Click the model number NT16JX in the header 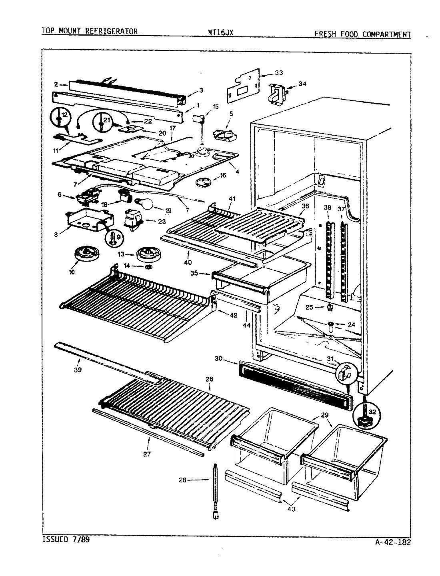(x=218, y=32)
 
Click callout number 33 (x=279, y=72)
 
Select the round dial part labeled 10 (x=84, y=254)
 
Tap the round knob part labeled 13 (x=148, y=254)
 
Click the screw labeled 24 (x=332, y=326)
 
